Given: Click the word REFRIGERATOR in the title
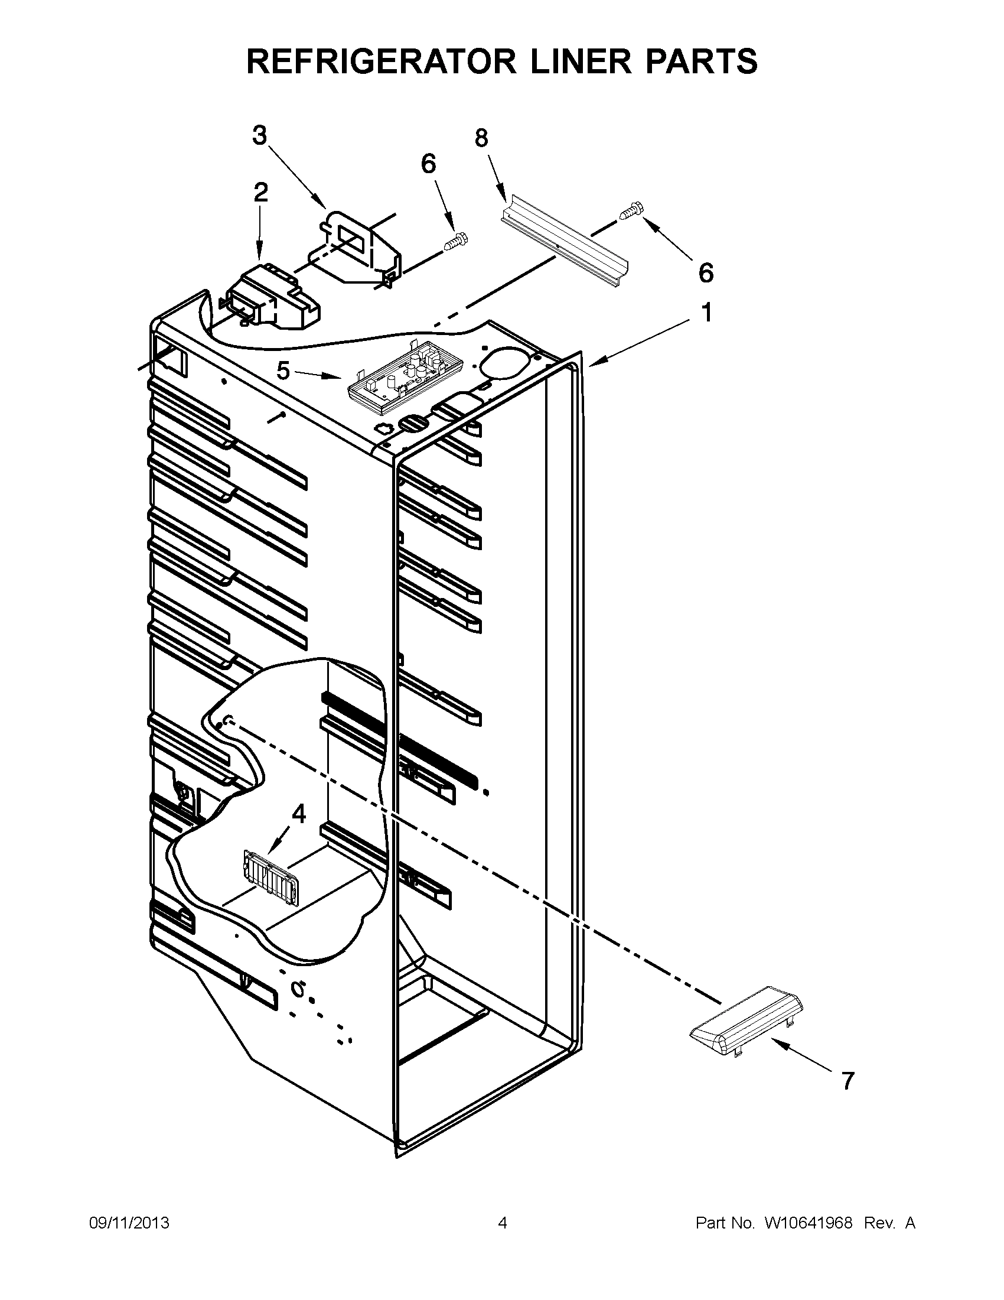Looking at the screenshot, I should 381,61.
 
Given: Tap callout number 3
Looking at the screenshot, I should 260,136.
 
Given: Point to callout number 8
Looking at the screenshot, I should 481,138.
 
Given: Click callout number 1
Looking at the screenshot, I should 706,313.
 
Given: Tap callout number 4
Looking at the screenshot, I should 299,814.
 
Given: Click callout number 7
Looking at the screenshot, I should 848,1080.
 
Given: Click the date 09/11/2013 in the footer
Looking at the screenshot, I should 129,1223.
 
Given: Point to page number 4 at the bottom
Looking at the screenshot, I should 502,1223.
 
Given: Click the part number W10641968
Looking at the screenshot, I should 809,1223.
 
